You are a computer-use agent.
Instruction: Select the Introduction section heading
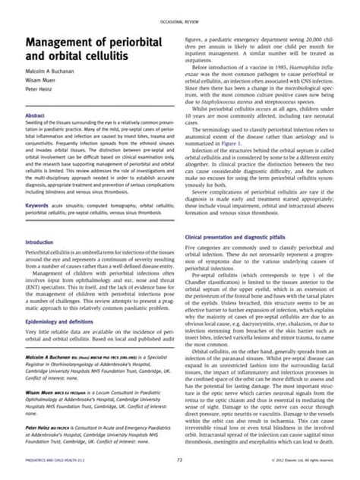click(41, 242)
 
